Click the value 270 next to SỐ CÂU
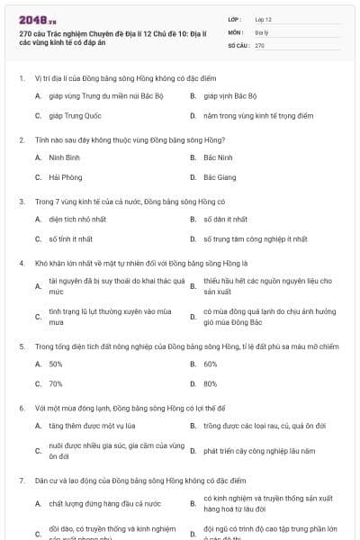coord(259,44)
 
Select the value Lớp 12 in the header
coord(263,18)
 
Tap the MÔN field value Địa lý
coord(263,31)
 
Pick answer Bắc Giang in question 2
coord(220,177)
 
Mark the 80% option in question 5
coord(211,384)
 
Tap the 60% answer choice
coord(211,364)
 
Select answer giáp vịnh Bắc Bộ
coord(230,94)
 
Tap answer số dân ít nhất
coord(225,219)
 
